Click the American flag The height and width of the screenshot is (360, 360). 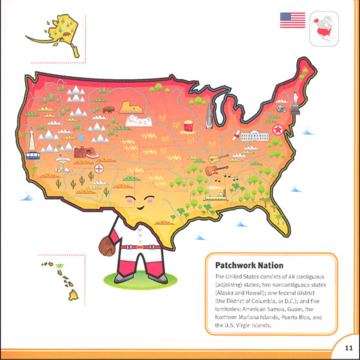[292, 20]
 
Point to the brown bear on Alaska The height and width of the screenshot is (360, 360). [66, 35]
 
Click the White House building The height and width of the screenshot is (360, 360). [255, 135]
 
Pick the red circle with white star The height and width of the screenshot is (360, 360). [278, 130]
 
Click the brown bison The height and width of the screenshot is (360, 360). [108, 109]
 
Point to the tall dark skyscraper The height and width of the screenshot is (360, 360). [208, 114]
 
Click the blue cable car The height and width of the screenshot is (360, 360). [33, 155]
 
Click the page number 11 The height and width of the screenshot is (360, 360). [348, 348]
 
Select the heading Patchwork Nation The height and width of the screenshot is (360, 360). [249, 265]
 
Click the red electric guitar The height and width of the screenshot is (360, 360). [216, 170]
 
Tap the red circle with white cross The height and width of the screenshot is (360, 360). [99, 168]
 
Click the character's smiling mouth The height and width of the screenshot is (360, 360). [140, 208]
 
